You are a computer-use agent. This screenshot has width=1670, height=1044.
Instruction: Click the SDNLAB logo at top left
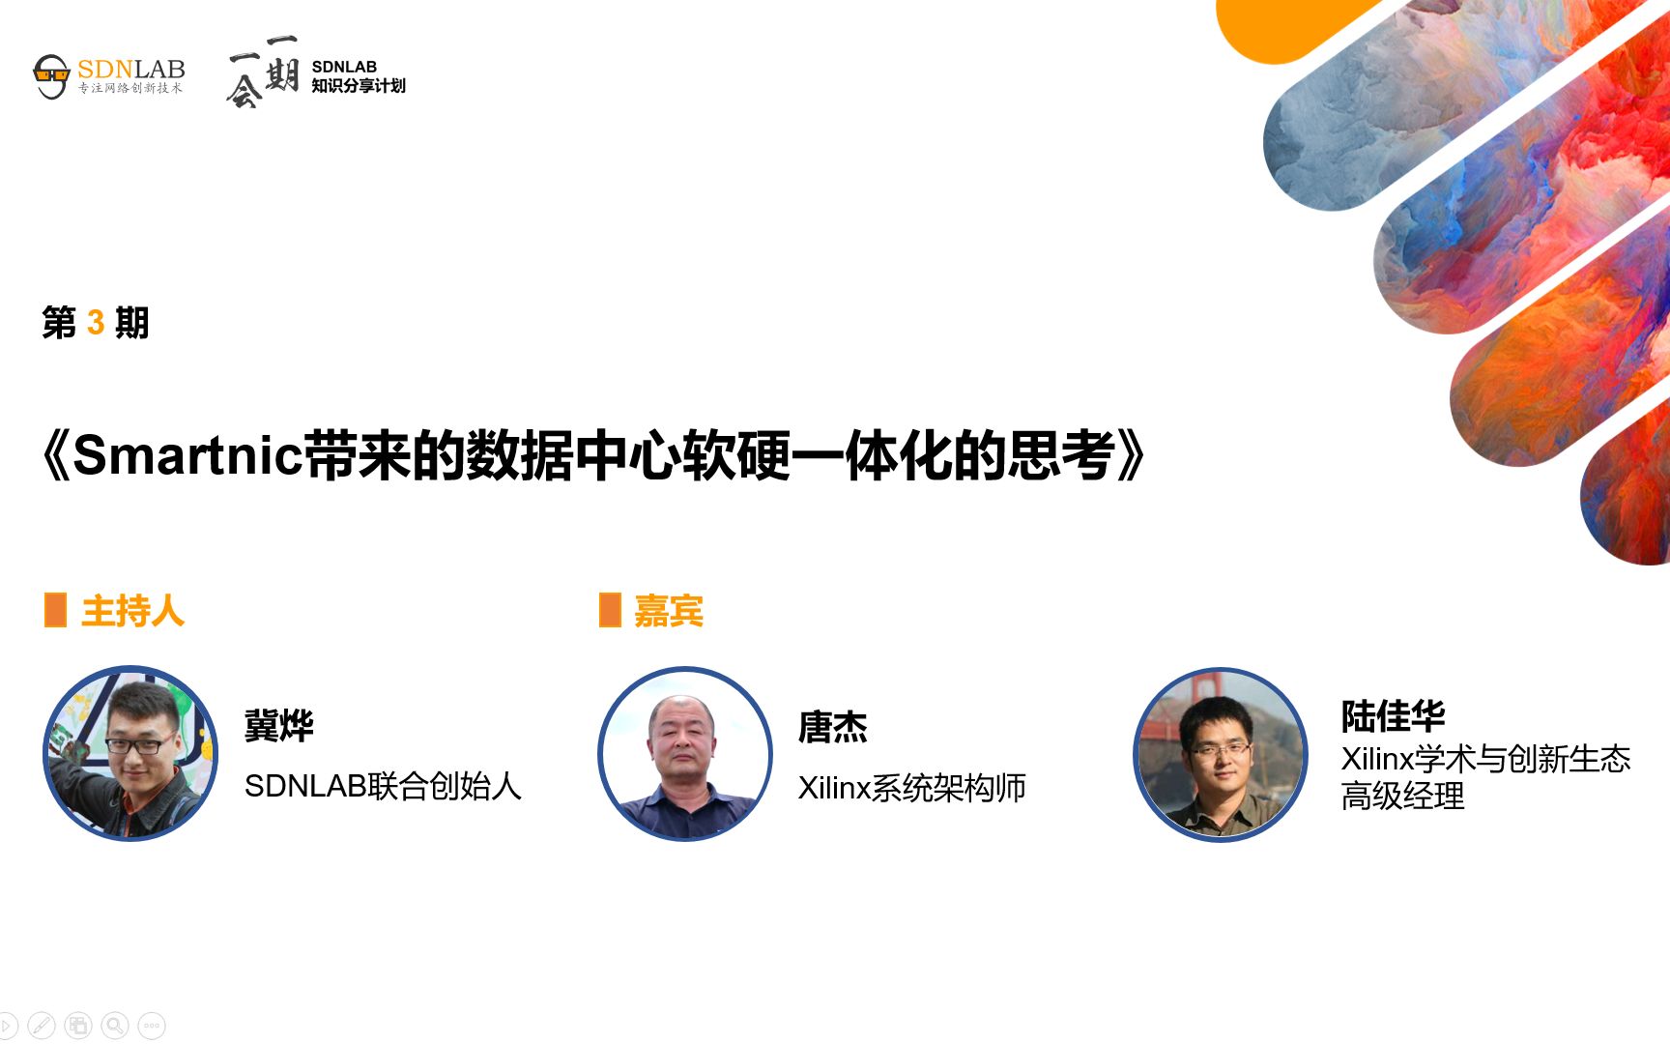click(x=108, y=75)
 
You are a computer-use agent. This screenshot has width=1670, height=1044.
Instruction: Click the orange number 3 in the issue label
click(x=96, y=323)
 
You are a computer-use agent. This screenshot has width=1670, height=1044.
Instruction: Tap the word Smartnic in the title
click(x=187, y=455)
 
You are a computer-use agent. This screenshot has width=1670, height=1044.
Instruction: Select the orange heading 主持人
click(x=132, y=611)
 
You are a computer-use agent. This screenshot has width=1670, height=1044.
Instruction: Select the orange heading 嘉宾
click(x=668, y=611)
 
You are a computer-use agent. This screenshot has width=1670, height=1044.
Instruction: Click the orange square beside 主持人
click(x=55, y=610)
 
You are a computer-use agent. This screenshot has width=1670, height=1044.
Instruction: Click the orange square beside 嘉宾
click(x=610, y=610)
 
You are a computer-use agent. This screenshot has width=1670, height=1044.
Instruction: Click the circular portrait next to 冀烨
click(x=130, y=753)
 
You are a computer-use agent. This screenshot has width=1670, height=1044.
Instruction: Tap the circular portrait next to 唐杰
click(x=685, y=753)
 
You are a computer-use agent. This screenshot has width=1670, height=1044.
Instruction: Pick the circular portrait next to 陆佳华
click(x=1220, y=754)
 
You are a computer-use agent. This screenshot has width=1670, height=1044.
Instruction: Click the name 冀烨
click(x=278, y=725)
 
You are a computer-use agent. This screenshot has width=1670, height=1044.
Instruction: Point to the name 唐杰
click(x=832, y=727)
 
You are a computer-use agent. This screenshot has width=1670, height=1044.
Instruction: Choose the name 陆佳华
click(x=1393, y=716)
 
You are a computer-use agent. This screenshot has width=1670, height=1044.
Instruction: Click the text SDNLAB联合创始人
click(x=383, y=786)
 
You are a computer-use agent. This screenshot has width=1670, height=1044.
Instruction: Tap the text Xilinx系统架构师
click(x=911, y=788)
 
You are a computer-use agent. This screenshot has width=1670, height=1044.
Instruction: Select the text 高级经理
click(x=1402, y=797)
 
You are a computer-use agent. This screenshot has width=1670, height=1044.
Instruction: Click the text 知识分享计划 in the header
click(x=359, y=86)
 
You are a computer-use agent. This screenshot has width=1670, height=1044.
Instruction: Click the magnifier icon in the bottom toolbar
click(x=115, y=1025)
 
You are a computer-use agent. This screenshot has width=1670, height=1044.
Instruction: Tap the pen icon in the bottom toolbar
click(x=42, y=1025)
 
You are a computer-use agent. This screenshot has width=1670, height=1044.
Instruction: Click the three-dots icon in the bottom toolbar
click(x=152, y=1025)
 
